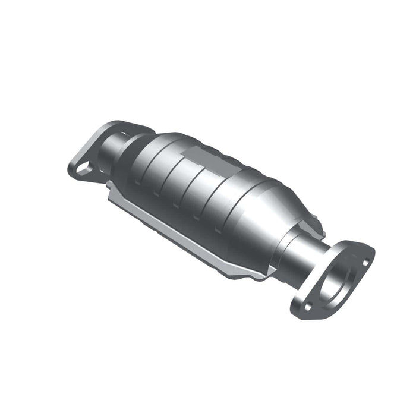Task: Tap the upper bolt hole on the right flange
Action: point(364,260)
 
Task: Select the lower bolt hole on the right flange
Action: point(308,306)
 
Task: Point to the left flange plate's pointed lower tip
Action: point(74,172)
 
